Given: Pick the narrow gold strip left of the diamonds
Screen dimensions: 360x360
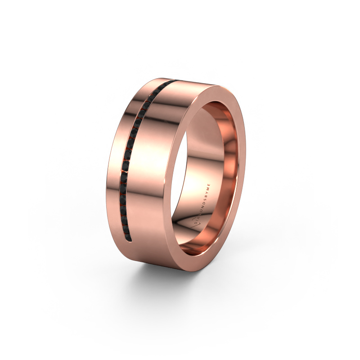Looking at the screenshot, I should click(116, 171).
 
